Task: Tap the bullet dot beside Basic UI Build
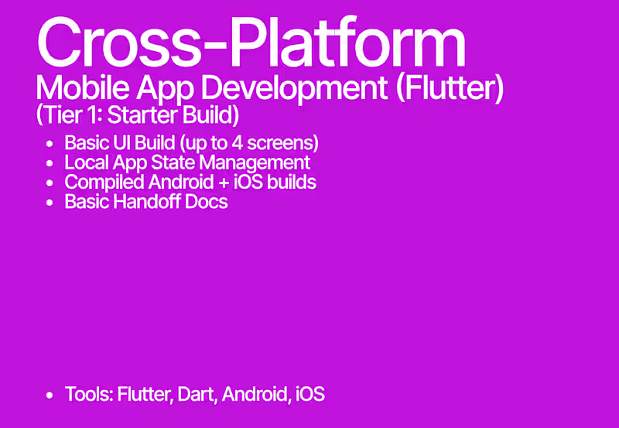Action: click(50, 144)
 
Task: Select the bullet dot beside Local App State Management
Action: click(50, 163)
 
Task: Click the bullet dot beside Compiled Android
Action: click(50, 183)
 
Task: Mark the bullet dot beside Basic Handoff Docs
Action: click(50, 203)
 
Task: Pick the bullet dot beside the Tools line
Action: click(50, 395)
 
